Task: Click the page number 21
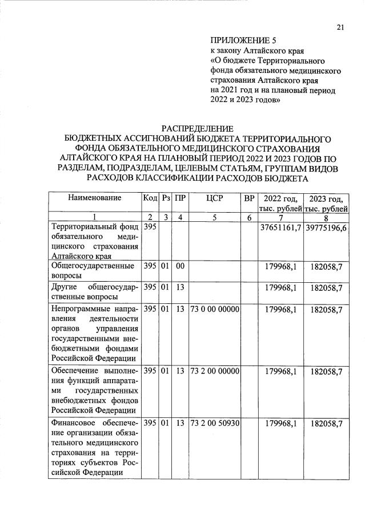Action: tap(340, 27)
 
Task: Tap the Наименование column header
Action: tap(95, 198)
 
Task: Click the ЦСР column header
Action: tap(215, 198)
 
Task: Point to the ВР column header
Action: tap(248, 198)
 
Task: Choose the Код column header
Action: tap(150, 198)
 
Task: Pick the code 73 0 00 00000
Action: tap(215, 309)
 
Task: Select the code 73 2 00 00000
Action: tap(215, 371)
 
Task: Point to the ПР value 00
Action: tap(180, 266)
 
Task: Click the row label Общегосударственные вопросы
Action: tap(95, 270)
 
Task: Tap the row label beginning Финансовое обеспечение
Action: tap(95, 448)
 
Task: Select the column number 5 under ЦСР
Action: tap(215, 217)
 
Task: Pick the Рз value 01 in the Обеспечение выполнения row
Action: tap(165, 371)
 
